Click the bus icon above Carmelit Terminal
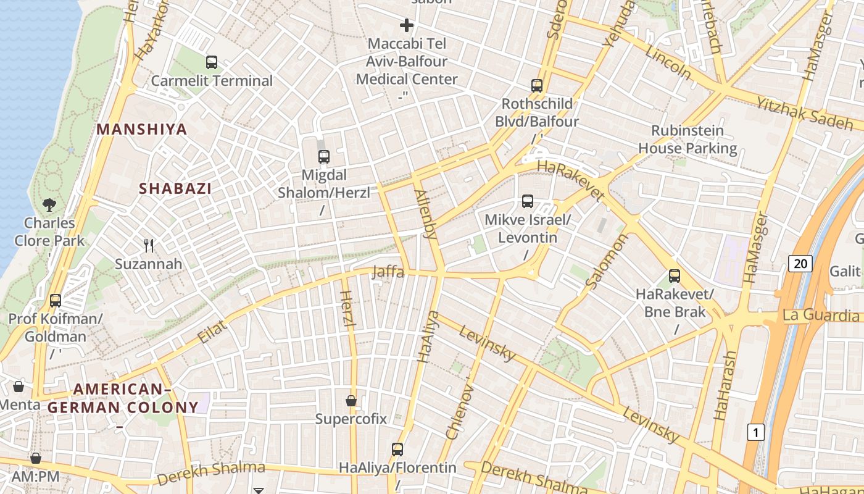[x=212, y=62]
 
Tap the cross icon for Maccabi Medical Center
[x=407, y=25]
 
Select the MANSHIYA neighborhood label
[x=142, y=130]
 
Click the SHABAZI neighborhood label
[x=175, y=189]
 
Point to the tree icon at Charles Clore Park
[x=49, y=204]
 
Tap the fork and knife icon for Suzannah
[x=149, y=246]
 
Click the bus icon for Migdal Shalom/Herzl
[x=324, y=157]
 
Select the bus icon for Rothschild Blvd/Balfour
[x=537, y=86]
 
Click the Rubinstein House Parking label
[x=687, y=140]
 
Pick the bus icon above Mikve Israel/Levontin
[x=528, y=201]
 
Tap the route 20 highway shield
[x=800, y=264]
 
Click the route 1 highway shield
[x=755, y=432]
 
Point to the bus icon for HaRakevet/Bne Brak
[x=675, y=276]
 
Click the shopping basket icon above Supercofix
[x=351, y=401]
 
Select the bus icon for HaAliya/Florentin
[x=397, y=449]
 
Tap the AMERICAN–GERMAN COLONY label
[x=123, y=398]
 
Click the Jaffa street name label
[x=388, y=272]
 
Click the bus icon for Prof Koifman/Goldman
[x=56, y=301]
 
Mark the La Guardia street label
[x=820, y=316]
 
